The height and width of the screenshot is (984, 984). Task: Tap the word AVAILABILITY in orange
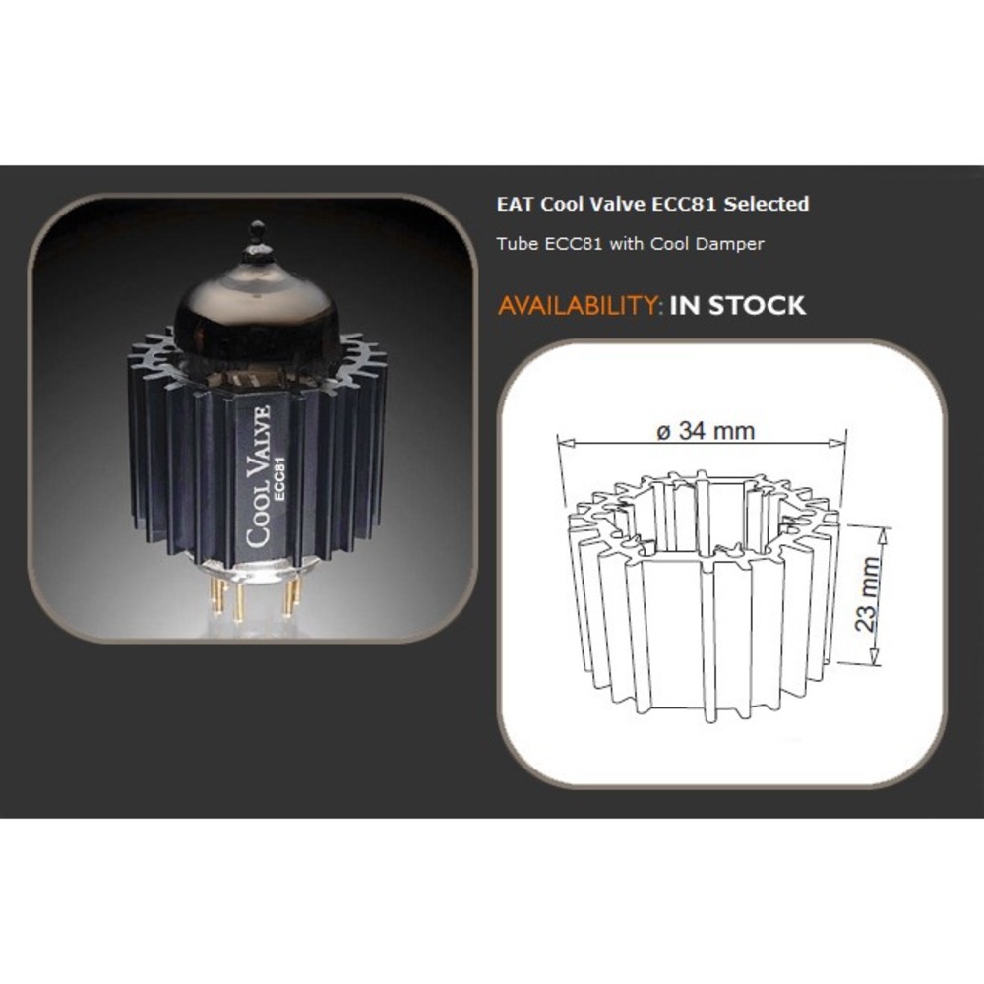578,306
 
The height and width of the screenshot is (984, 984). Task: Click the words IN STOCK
737,306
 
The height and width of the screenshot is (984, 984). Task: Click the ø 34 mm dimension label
706,431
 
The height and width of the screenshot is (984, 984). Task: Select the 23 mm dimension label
868,593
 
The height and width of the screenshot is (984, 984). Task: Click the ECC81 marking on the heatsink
279,479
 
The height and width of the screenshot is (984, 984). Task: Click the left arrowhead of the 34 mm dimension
566,443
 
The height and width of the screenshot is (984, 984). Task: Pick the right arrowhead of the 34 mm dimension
837,443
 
